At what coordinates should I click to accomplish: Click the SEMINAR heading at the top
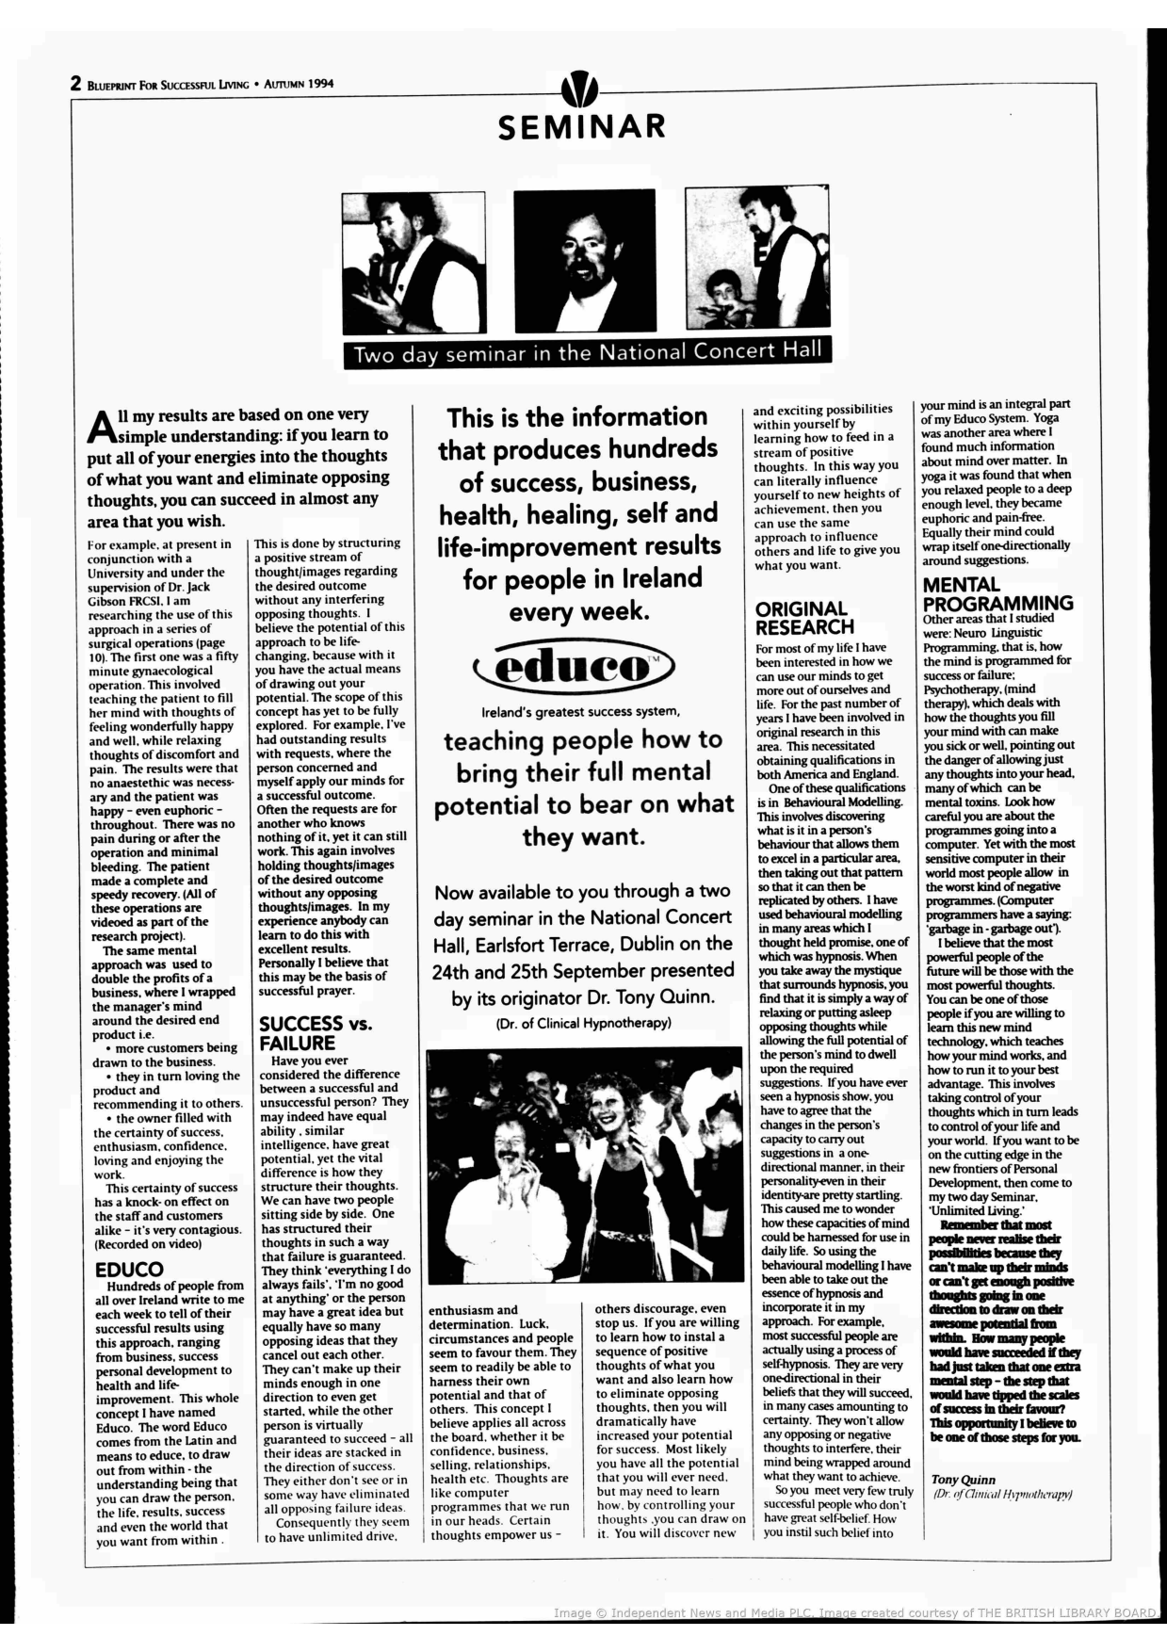(x=581, y=127)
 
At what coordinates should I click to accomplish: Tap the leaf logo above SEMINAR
(x=579, y=89)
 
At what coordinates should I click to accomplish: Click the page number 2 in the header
(x=75, y=84)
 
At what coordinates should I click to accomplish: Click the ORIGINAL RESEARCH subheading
(x=803, y=618)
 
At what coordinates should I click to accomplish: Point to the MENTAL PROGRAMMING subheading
(x=997, y=594)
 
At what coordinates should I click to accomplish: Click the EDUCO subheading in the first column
(x=129, y=1270)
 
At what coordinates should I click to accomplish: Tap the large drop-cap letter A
(x=101, y=426)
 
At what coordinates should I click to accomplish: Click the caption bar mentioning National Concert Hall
(x=587, y=352)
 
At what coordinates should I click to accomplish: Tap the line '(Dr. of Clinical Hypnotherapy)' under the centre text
(x=583, y=1023)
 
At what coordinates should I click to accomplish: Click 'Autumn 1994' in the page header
(x=299, y=84)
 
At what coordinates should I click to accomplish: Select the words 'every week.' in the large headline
(x=578, y=611)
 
